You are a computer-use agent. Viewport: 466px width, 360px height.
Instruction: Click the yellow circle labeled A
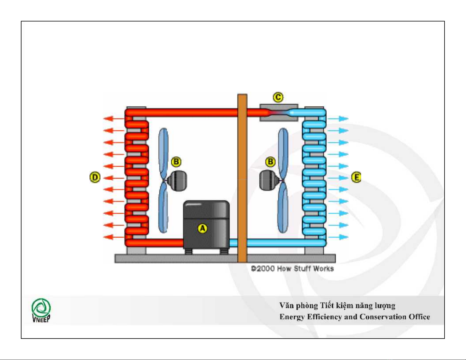coord(202,228)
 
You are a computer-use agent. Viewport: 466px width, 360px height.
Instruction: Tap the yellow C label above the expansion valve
coord(278,97)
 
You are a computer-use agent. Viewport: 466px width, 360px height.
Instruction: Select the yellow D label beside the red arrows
coord(95,177)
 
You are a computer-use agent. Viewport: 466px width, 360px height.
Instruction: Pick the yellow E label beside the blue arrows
coord(356,177)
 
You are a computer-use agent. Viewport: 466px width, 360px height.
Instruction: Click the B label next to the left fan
coord(176,162)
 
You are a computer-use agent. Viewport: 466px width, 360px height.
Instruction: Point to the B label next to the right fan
coord(270,162)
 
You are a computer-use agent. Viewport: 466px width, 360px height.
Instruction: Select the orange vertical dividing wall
coord(242,176)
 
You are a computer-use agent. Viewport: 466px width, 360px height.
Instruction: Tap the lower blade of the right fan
coord(283,207)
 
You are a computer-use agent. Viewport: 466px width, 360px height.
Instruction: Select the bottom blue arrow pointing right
coord(338,237)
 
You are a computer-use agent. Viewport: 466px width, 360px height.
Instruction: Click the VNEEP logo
coord(41,310)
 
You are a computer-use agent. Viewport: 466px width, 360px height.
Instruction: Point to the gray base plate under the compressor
coord(176,259)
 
